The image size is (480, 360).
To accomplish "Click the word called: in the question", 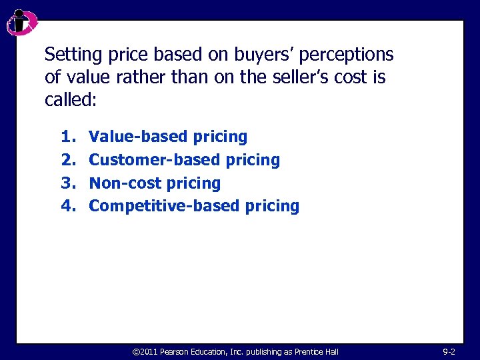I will click(x=71, y=100).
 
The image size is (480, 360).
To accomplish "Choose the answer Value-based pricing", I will click(x=168, y=137).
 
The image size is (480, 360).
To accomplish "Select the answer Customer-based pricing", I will click(x=184, y=160).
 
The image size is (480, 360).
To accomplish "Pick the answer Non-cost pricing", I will click(x=155, y=183).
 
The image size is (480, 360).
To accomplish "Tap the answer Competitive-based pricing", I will click(x=194, y=205).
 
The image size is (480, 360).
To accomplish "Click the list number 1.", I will click(x=67, y=137).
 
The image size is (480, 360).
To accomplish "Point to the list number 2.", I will click(x=67, y=160).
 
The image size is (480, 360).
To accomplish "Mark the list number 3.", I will click(x=67, y=183).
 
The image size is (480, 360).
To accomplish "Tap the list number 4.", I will click(x=67, y=205).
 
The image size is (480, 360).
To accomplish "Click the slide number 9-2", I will click(x=449, y=351).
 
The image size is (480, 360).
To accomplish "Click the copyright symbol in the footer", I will click(x=136, y=351).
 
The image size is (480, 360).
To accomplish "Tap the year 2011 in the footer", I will click(x=149, y=351).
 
